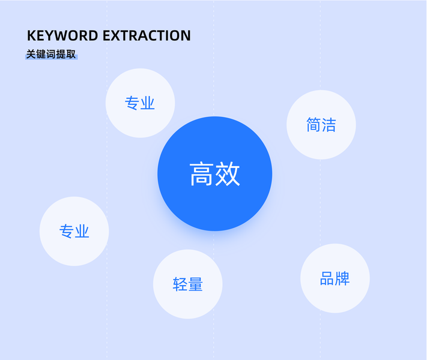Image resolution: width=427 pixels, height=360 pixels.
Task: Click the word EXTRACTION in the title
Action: tap(147, 35)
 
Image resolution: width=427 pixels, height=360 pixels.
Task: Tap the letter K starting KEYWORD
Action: tap(32, 35)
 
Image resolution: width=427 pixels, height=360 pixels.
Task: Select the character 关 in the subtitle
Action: tap(31, 54)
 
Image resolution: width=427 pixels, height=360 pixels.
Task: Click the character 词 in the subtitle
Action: tap(51, 54)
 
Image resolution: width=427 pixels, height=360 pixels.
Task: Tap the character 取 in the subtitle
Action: tap(71, 54)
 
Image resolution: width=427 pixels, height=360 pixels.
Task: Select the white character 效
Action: tap(228, 174)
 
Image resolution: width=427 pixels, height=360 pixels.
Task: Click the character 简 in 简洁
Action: tap(313, 125)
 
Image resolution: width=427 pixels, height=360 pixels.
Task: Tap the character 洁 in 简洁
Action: tap(329, 125)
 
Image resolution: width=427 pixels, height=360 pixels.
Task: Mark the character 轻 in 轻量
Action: tap(180, 284)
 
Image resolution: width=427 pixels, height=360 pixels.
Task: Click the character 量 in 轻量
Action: tap(196, 284)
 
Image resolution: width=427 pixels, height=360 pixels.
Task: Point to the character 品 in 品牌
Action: tap(327, 279)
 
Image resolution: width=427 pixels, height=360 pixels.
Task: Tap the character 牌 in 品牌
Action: tap(343, 279)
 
